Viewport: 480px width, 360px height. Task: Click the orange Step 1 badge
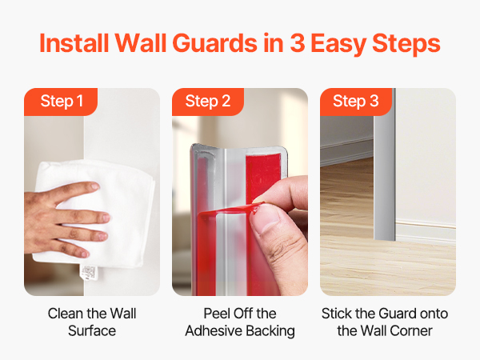click(61, 102)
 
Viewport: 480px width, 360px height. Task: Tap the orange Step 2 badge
click(208, 102)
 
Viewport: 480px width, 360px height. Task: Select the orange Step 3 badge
click(356, 102)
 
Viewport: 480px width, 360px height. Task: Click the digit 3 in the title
click(298, 43)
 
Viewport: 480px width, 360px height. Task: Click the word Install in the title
click(74, 43)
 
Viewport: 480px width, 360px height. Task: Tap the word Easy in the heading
click(338, 45)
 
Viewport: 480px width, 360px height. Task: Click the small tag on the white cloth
click(89, 274)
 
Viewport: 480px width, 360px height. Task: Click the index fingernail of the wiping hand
click(94, 186)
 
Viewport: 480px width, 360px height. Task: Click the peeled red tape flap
click(228, 211)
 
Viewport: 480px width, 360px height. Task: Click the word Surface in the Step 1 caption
click(92, 331)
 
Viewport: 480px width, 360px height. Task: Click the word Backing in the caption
click(270, 331)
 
